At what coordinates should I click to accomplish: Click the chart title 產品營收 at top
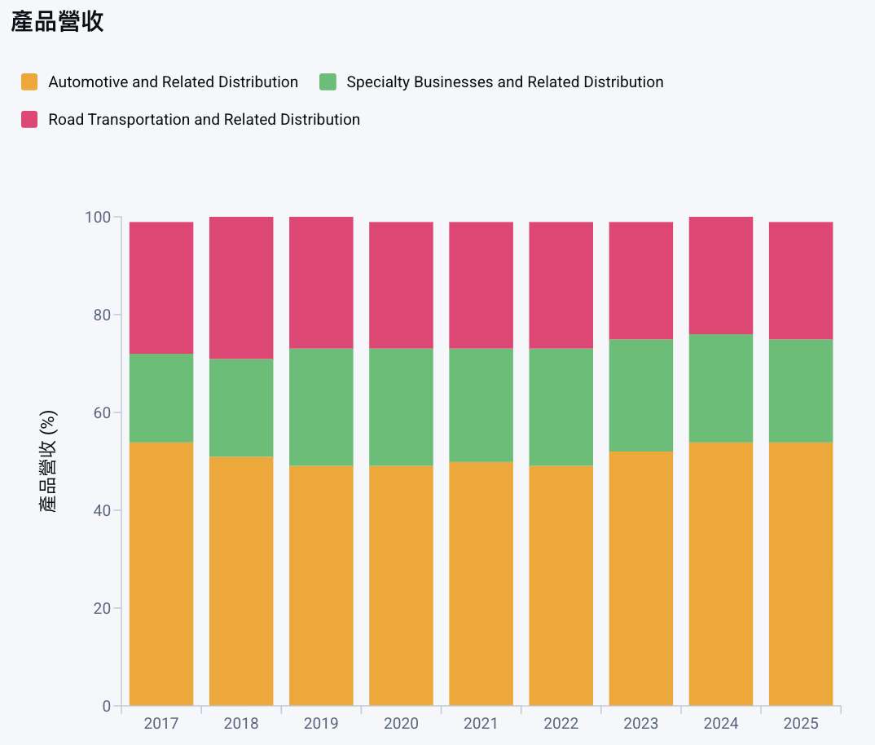[57, 22]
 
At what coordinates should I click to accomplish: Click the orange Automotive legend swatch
[30, 82]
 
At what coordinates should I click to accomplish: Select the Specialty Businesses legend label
[504, 82]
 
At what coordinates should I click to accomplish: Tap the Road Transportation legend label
[204, 120]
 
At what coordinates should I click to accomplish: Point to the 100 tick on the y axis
[97, 218]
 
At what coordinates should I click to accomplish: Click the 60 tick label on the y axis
[101, 412]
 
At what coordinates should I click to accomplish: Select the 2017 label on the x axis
[160, 724]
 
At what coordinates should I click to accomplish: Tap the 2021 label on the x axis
[481, 724]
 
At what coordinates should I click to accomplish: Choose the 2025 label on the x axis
[800, 724]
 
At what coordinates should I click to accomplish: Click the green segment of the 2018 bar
[241, 408]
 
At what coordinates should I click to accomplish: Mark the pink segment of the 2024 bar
[720, 276]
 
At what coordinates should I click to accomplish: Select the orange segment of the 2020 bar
[401, 585]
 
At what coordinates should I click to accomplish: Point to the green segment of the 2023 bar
[640, 395]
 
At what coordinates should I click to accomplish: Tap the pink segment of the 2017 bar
[161, 288]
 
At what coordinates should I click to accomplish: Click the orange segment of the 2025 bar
[800, 574]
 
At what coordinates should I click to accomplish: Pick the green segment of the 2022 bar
[561, 408]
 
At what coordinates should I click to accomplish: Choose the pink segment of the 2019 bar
[321, 283]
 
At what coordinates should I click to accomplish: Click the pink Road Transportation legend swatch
[30, 120]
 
